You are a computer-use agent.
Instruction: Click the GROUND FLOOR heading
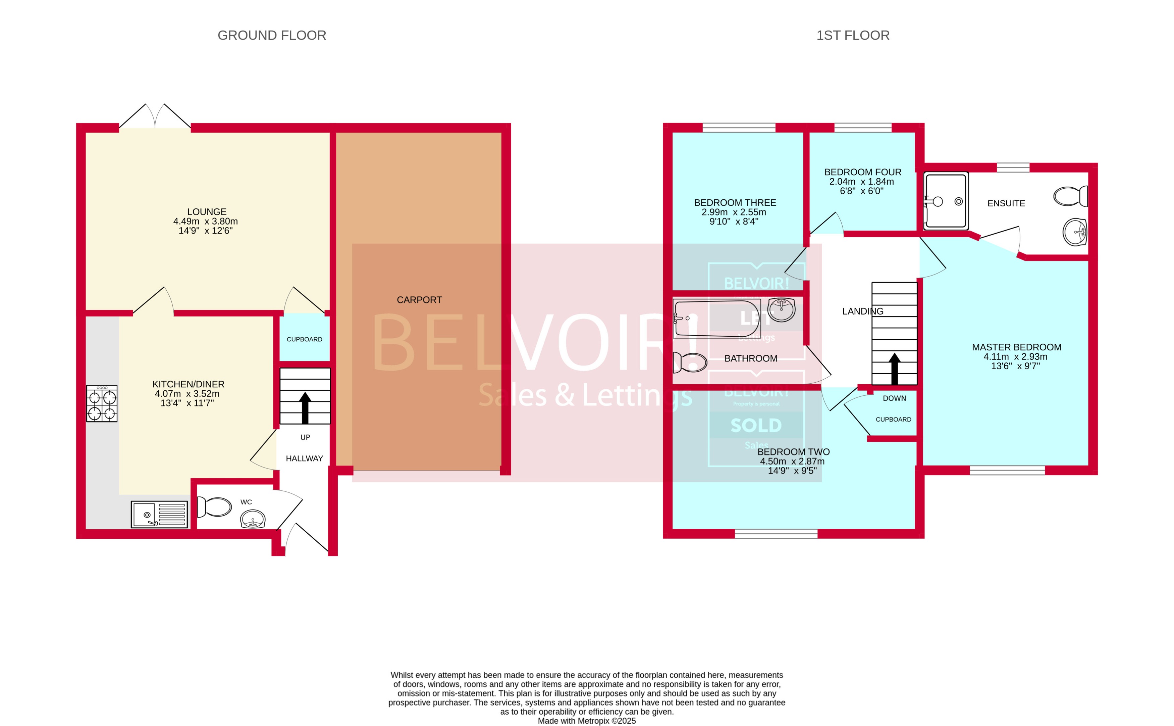272,36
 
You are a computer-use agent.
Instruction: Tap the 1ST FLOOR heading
853,36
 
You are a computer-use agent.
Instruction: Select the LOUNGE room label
206,212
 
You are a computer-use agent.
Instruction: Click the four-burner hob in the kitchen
102,404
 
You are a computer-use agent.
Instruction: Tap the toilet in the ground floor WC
214,506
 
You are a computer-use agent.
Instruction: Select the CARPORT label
419,300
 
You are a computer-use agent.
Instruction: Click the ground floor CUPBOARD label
304,339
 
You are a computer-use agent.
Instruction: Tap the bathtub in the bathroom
716,318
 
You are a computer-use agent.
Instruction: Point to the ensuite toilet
1070,196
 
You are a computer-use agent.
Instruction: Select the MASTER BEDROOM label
1016,347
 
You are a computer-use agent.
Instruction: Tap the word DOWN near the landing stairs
894,398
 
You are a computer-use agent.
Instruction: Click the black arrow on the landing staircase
894,369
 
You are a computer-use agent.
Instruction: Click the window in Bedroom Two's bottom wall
776,533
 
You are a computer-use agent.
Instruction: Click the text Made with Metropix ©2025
586,721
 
